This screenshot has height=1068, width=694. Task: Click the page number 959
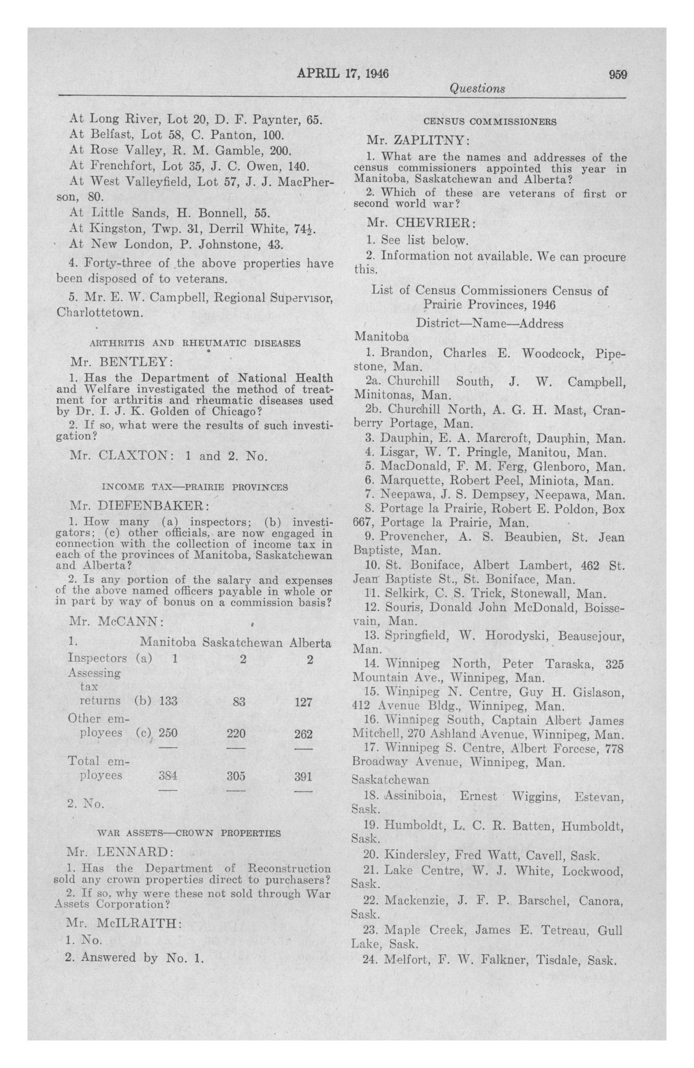click(x=617, y=74)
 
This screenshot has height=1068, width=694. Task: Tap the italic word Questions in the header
click(x=477, y=89)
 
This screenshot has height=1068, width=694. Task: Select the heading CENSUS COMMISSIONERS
click(x=490, y=121)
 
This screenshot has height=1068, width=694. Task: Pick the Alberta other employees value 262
click(x=303, y=734)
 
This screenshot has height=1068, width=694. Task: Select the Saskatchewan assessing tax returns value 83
click(x=239, y=701)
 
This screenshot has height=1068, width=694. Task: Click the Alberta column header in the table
click(x=310, y=643)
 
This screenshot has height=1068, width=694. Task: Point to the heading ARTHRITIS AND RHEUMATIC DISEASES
click(x=195, y=343)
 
